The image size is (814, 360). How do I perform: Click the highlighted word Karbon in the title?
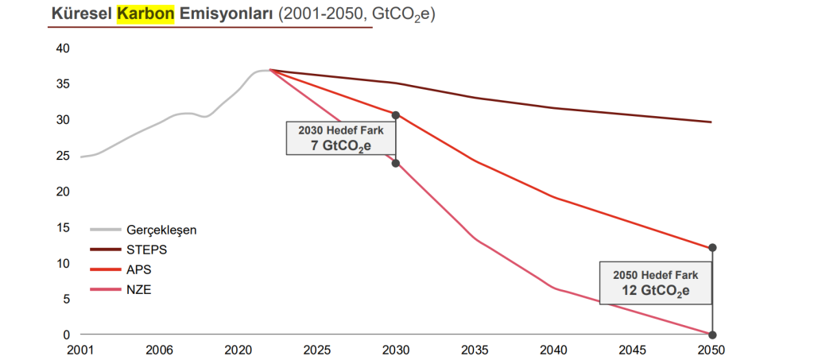coord(145,14)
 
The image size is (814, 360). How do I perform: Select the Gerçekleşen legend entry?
coord(161,230)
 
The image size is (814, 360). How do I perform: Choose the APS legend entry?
coord(139,269)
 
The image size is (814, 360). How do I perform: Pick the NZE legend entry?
coord(139,289)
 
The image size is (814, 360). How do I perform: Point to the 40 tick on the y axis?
coord(64,48)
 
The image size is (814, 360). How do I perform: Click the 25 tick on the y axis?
coord(64,156)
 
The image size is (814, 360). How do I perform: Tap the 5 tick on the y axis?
coord(68,299)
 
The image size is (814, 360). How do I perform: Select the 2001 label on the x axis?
coord(81,349)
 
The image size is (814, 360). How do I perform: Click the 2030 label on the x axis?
coord(396,349)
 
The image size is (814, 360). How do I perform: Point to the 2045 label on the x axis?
coord(633,349)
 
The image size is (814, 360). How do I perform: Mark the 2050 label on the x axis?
coord(712,349)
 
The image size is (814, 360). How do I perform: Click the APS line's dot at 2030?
coord(396,115)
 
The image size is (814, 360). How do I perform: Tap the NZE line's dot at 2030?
coord(396,163)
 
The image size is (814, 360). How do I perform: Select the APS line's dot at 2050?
coord(712,248)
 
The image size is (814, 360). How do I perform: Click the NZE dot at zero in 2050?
coord(712,334)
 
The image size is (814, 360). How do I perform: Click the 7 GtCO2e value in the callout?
coord(341,145)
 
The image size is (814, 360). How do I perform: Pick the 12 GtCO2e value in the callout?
coord(655,290)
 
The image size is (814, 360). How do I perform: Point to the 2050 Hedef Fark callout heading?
coord(655,274)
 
